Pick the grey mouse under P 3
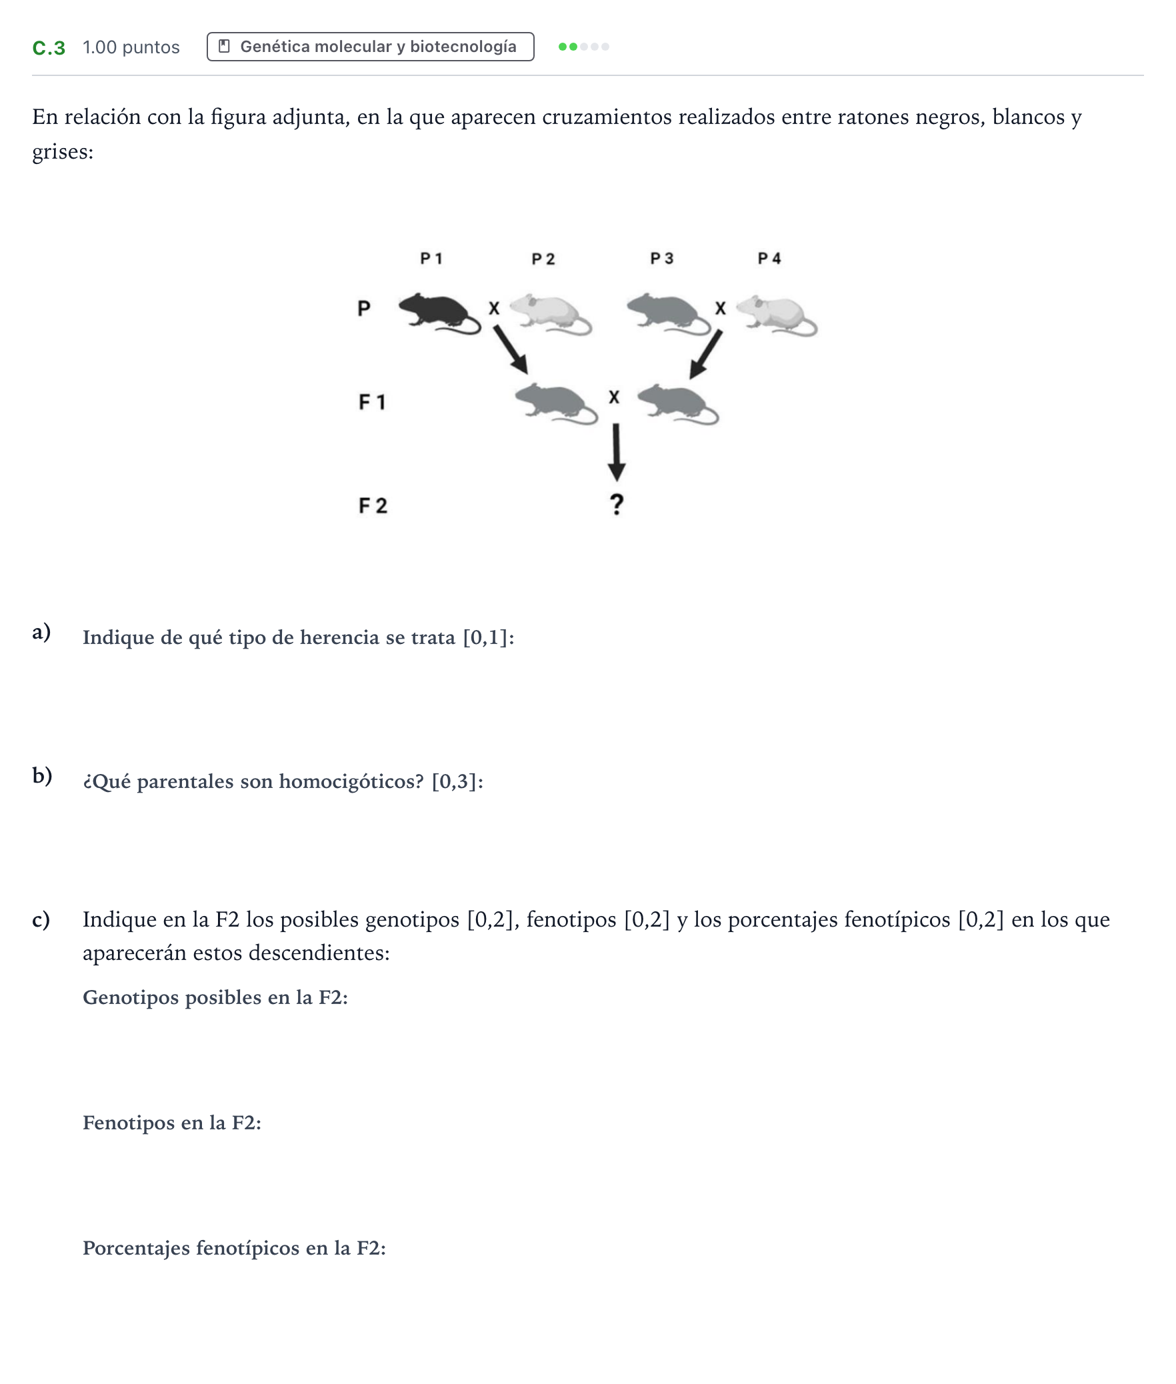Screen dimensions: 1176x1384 tap(669, 313)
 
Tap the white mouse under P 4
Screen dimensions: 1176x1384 tap(777, 315)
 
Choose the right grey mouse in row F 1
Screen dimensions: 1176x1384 tap(678, 404)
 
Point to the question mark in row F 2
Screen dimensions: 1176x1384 tap(617, 505)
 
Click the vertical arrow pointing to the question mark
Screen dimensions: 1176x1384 tap(617, 452)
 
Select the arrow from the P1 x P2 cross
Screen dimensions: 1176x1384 tap(511, 349)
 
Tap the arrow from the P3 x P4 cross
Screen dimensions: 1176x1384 tap(705, 354)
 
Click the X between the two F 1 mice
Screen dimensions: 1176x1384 tap(614, 397)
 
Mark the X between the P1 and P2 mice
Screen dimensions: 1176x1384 tap(494, 309)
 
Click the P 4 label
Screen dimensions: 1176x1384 tap(769, 259)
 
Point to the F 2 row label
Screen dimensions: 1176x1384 tap(373, 506)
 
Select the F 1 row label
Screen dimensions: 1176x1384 tap(372, 402)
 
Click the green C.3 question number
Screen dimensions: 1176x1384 tap(49, 48)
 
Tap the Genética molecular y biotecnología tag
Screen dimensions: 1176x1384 tap(371, 47)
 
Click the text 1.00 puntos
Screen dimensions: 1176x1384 tap(131, 47)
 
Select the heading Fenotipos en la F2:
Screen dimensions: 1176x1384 tap(172, 1123)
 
